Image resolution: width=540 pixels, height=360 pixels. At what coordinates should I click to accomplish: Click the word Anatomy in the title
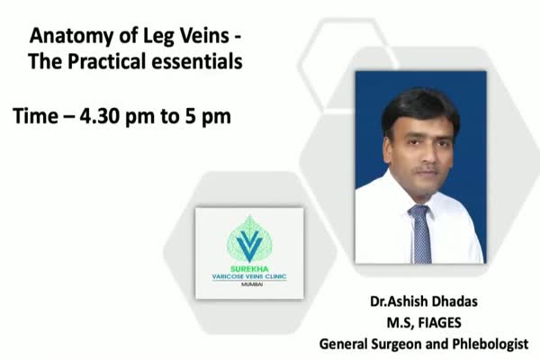(x=72, y=36)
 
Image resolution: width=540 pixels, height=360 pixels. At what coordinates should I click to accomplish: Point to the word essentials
(x=197, y=61)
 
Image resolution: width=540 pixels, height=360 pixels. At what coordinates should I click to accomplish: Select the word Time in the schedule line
(x=35, y=116)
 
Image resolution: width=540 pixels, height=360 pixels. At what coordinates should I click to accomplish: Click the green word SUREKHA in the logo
(x=249, y=269)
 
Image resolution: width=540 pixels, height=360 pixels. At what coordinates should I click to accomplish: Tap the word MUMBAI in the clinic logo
(x=252, y=284)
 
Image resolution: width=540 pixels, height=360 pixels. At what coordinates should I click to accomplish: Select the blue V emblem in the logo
(x=249, y=245)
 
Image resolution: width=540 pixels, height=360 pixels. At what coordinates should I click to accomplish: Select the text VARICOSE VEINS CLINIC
(x=249, y=276)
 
